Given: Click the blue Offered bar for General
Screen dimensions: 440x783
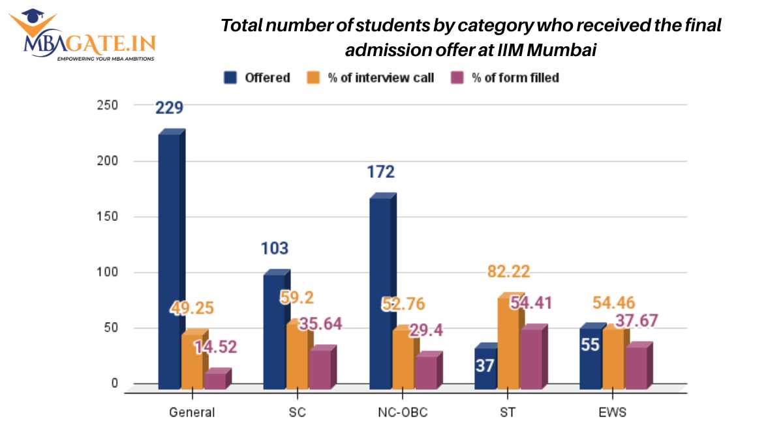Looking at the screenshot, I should pos(169,261).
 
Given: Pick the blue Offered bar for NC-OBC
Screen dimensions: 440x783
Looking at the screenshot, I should pos(380,293).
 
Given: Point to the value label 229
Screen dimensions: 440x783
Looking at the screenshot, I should pos(169,108).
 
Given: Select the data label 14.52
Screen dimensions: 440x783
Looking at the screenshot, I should pos(214,347).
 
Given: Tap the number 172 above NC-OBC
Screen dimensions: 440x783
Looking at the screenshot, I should pos(380,173).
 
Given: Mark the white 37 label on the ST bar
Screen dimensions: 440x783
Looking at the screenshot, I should pos(485,366).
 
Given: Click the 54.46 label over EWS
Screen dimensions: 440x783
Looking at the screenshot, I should pos(614,303).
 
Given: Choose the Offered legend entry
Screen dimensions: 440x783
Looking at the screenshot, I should pos(257,78).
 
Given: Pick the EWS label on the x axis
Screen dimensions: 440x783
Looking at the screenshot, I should pos(613,412).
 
